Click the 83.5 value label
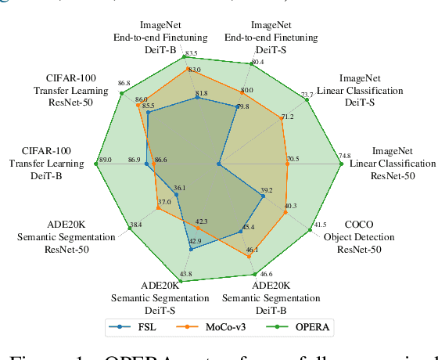[191, 52]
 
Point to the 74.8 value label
[345, 156]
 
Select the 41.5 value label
[320, 225]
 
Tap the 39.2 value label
[267, 190]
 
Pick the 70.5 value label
[293, 160]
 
